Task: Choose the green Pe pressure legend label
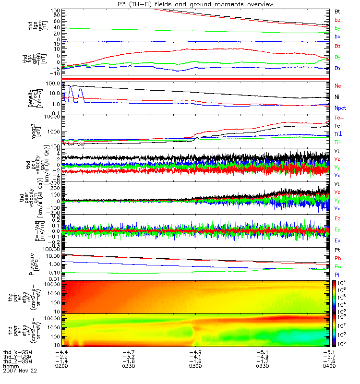[x=337, y=266]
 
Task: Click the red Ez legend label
[x=337, y=219]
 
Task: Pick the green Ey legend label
[x=337, y=229]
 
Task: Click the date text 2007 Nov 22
[x=19, y=371]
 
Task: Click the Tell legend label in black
[x=338, y=125]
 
